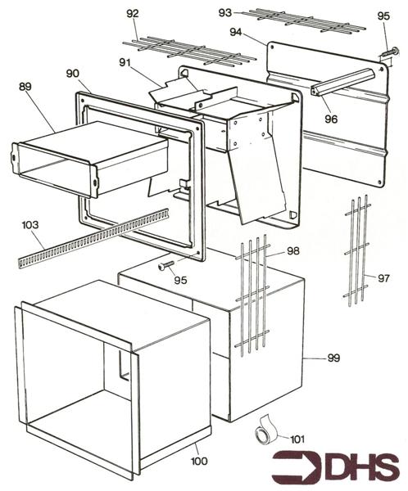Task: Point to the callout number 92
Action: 132,13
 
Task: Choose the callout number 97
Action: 383,279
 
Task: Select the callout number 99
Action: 333,358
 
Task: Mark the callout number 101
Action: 296,439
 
